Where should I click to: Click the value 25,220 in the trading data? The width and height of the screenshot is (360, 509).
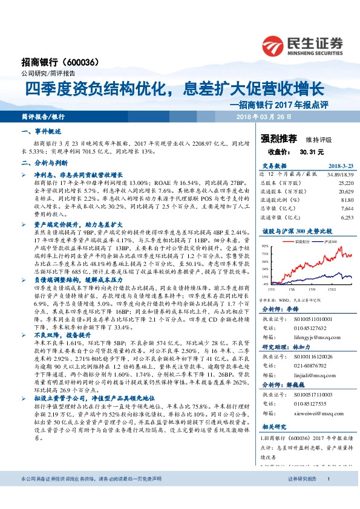click(x=345, y=181)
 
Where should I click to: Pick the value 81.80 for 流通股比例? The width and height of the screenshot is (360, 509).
click(x=347, y=198)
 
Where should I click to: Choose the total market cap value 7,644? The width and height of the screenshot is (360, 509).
click(x=347, y=207)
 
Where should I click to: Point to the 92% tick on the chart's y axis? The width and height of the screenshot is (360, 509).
click(x=265, y=247)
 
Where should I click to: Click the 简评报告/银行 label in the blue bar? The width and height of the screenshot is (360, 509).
click(x=42, y=116)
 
